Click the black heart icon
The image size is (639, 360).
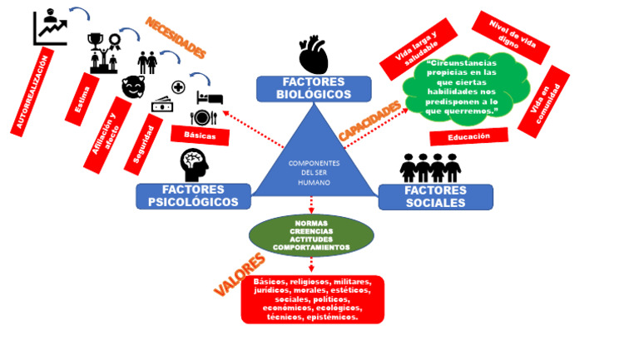(x=313, y=55)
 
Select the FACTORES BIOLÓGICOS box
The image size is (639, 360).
(x=314, y=89)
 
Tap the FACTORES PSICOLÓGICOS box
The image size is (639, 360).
(x=193, y=196)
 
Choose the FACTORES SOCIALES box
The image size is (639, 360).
(x=435, y=196)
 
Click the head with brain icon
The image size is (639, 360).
(x=194, y=165)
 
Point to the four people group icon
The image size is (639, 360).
(x=430, y=167)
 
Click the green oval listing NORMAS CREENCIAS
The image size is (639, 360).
(x=311, y=236)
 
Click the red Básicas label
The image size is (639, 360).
(x=200, y=135)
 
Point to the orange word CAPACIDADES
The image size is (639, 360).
(x=369, y=121)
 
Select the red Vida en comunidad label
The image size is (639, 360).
(x=543, y=102)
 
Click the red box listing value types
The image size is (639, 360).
(x=312, y=299)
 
